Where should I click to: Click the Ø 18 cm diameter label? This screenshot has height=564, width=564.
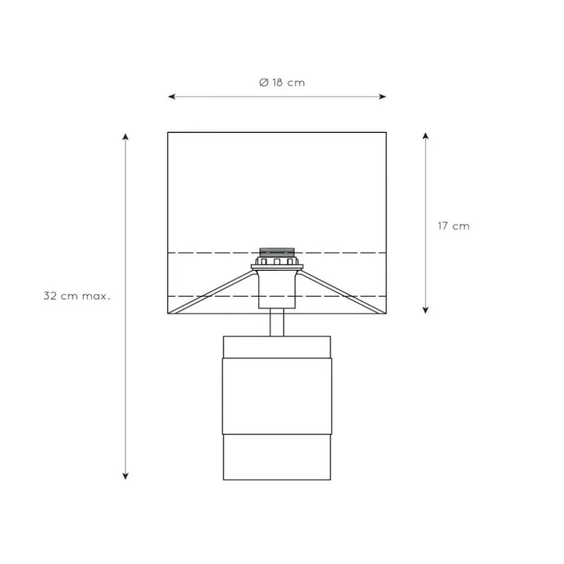(x=282, y=82)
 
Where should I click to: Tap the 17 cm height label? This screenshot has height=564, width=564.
(x=454, y=226)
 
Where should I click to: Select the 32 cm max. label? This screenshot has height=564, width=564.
(x=77, y=296)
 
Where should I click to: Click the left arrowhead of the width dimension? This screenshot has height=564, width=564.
(x=172, y=96)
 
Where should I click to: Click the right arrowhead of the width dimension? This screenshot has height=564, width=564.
(x=383, y=96)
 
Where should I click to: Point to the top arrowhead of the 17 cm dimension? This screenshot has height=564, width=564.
(x=426, y=136)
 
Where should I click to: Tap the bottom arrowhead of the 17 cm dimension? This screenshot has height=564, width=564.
(x=426, y=310)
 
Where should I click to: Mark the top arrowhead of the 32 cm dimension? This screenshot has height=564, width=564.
(x=126, y=136)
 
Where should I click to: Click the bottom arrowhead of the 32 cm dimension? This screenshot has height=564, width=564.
(x=126, y=476)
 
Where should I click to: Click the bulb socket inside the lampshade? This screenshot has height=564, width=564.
(x=277, y=258)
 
